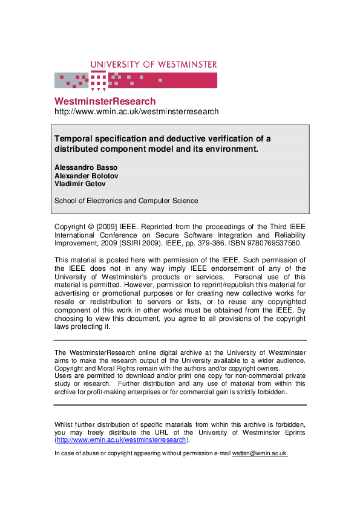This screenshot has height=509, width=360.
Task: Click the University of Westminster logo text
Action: [x=154, y=65]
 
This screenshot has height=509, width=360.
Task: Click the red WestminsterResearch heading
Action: [x=105, y=102]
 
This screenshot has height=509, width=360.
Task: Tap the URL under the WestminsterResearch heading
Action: [x=136, y=112]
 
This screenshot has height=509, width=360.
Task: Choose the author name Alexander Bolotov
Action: [x=87, y=175]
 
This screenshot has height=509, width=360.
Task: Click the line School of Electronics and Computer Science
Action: [x=126, y=201]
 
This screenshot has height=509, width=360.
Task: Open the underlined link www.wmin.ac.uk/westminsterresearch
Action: [x=121, y=440]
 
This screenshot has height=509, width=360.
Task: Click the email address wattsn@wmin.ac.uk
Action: [x=260, y=453]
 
